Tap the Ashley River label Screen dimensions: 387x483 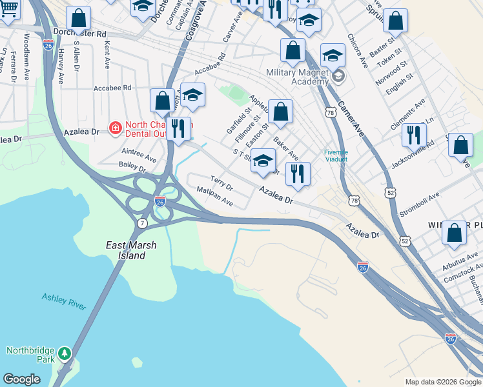(64, 302)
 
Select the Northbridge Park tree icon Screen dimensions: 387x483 (64, 353)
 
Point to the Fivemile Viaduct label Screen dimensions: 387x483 (336, 155)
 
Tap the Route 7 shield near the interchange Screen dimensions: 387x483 (141, 223)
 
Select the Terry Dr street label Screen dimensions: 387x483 (221, 183)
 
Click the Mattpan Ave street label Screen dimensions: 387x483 (215, 195)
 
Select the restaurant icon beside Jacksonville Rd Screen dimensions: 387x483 (413, 135)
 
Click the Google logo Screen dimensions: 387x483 (21, 379)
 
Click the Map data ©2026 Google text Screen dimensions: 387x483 (442, 382)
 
